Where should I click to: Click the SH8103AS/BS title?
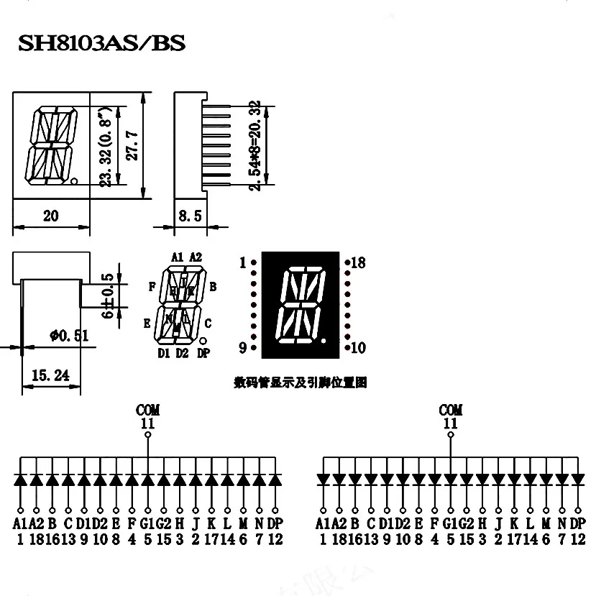(x=101, y=44)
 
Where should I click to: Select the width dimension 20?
(x=50, y=215)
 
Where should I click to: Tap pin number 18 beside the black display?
(x=358, y=263)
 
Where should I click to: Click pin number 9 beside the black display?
(x=243, y=348)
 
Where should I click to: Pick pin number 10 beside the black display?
(x=358, y=349)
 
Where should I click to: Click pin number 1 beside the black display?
(x=243, y=263)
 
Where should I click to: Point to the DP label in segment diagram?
(x=203, y=353)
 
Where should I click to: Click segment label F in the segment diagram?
(x=152, y=286)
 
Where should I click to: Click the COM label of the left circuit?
(x=148, y=410)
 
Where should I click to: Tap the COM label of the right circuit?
(x=450, y=410)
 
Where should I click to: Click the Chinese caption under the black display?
(x=301, y=383)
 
